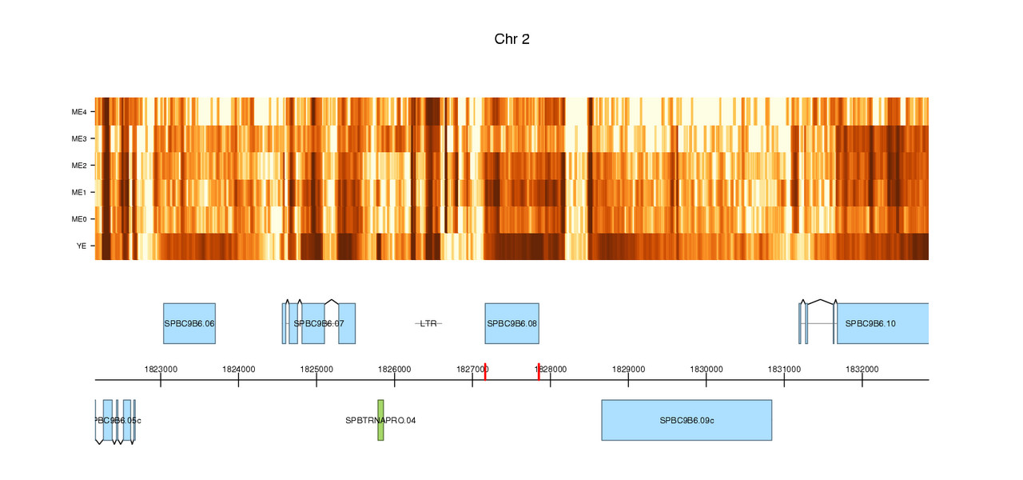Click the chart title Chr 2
click(511, 39)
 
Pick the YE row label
click(82, 246)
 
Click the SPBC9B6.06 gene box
click(189, 323)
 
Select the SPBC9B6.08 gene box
click(511, 323)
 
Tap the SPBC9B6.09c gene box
click(687, 420)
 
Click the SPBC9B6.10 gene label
click(870, 323)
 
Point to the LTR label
click(428, 323)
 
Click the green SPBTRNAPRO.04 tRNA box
click(381, 420)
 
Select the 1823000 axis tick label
click(161, 369)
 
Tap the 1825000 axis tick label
click(316, 369)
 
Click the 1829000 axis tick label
click(628, 369)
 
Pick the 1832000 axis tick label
click(862, 369)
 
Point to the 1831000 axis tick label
click(784, 369)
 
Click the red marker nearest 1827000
click(485, 372)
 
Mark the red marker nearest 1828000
click(539, 372)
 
